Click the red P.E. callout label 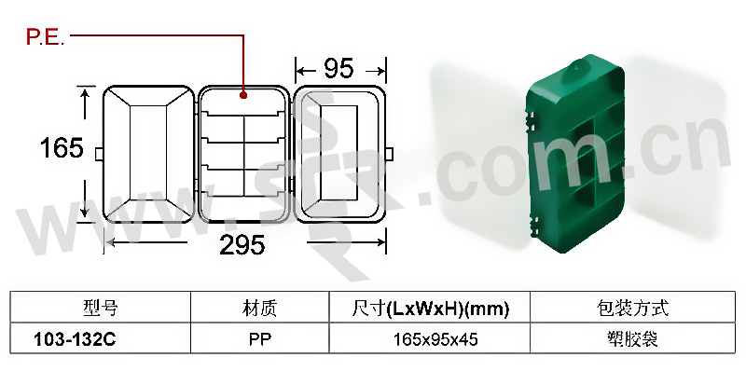[x=45, y=37]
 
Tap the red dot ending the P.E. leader [x=243, y=95]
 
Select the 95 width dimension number [x=339, y=68]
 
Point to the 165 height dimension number [x=62, y=147]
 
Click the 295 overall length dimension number [x=242, y=245]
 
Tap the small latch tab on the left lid [x=99, y=154]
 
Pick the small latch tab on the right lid [x=389, y=154]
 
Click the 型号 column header [x=100, y=309]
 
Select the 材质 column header [x=259, y=309]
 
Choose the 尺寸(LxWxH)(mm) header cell [x=431, y=309]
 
